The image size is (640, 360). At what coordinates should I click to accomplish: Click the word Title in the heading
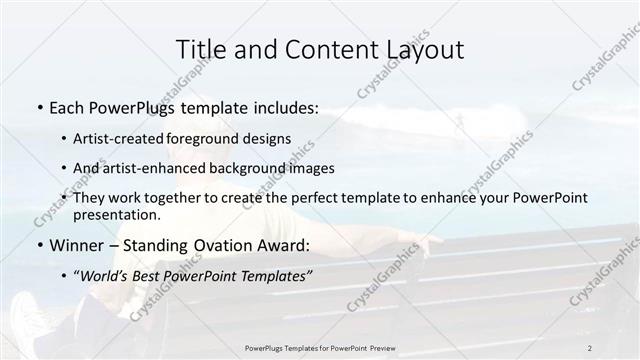coord(199,49)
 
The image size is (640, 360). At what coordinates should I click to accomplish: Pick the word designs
coord(270,139)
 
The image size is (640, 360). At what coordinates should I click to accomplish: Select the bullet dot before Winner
coord(38,245)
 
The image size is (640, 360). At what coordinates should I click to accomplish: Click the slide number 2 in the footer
coord(590,348)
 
